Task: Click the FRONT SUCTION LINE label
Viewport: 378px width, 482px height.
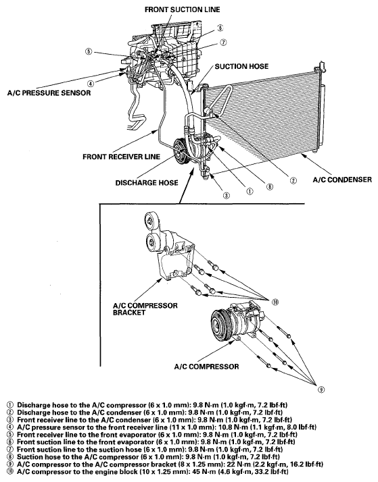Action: (182, 9)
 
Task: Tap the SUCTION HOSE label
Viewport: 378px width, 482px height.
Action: (241, 66)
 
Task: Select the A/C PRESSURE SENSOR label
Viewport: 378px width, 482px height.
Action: (49, 93)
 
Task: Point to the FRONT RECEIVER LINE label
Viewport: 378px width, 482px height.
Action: (121, 157)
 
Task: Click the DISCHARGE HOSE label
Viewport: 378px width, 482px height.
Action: (147, 183)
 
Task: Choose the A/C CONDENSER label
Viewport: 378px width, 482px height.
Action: (342, 180)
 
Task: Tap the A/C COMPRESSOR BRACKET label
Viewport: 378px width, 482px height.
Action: (145, 309)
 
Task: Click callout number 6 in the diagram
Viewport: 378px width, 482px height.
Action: (220, 28)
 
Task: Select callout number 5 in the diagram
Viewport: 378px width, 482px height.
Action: (89, 51)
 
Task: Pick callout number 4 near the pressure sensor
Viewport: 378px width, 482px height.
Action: (90, 83)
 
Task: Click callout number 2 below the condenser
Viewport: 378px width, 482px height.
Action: (293, 181)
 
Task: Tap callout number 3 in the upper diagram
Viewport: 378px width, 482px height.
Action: (227, 196)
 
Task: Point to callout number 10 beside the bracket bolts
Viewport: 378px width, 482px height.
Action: (275, 302)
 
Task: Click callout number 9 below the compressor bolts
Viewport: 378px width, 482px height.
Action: (321, 390)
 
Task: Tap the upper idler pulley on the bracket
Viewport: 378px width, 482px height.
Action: (151, 220)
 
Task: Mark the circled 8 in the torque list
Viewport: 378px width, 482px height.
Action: (10, 457)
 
